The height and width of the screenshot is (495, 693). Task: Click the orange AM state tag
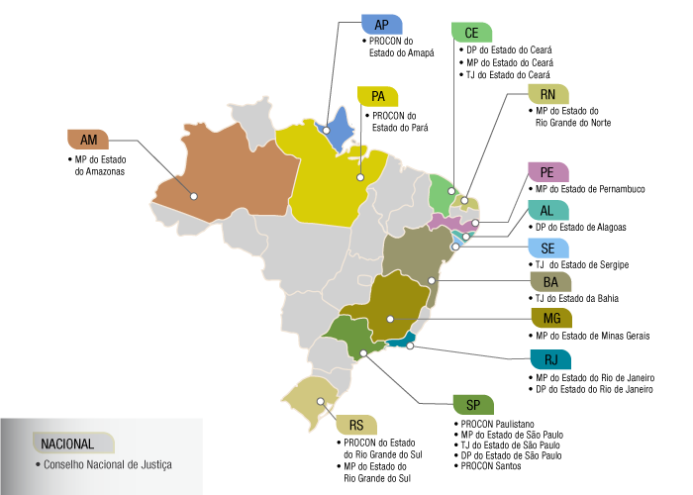[x=87, y=140]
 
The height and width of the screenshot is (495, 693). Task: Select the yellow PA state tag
[x=377, y=96]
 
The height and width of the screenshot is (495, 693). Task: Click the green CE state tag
[x=471, y=33]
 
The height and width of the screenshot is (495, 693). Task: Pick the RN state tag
[x=547, y=94]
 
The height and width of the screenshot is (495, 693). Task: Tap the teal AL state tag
[x=547, y=211]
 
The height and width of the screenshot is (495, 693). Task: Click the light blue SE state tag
[x=547, y=248]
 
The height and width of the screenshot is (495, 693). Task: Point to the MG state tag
[x=551, y=318]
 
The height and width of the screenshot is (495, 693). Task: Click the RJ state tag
[x=549, y=359]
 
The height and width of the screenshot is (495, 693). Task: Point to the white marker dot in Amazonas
[x=194, y=196]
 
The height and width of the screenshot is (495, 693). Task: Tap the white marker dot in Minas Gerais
[x=390, y=319]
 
